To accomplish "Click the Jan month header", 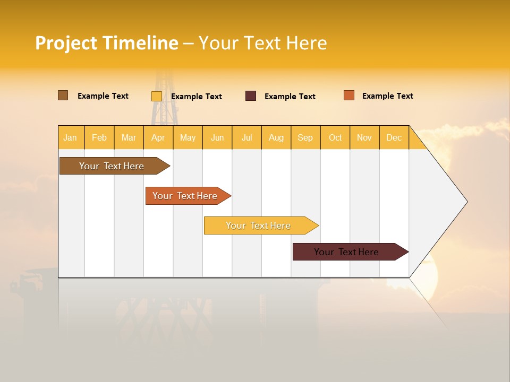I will tap(71, 137).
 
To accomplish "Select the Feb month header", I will tap(99, 137).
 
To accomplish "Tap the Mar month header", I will tap(129, 137).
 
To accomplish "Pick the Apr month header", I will tap(158, 137).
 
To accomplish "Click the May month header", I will tap(188, 137).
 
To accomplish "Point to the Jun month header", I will tap(217, 137).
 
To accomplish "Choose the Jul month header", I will tap(246, 137).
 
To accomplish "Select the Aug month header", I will tap(276, 137).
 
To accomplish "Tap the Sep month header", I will tap(305, 137).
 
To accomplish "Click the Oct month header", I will tap(335, 137).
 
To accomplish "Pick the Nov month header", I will tap(364, 137).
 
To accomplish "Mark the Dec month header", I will tap(394, 137).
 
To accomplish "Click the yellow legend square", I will tap(157, 96).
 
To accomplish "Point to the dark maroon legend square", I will tap(251, 96).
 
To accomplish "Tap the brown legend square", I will tap(63, 95).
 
